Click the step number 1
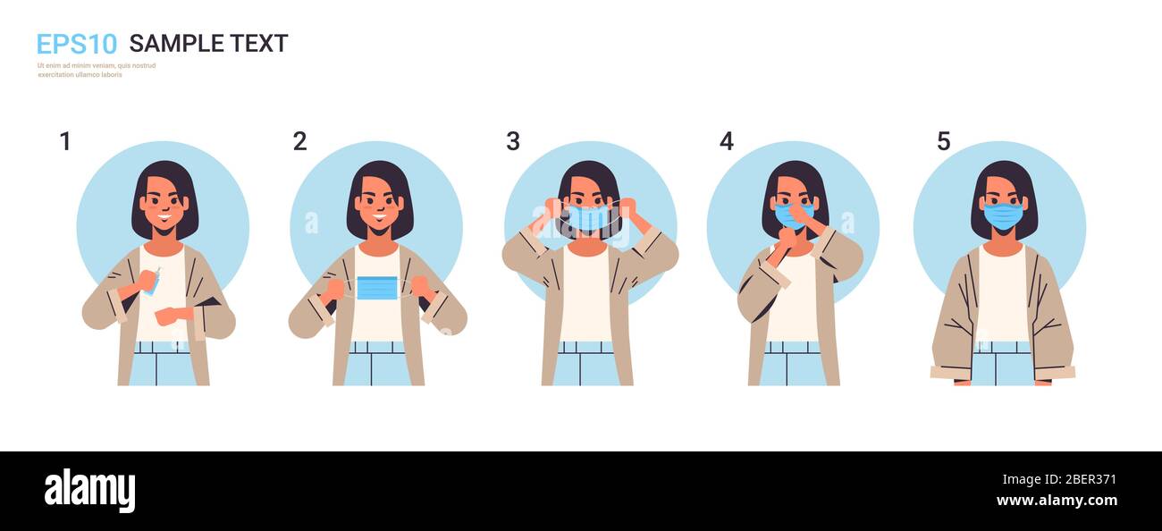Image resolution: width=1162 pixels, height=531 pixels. [64, 141]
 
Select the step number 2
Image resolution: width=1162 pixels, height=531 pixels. [299, 141]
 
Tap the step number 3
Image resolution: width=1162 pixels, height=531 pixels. [512, 141]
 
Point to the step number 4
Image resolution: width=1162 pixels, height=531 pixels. [726, 141]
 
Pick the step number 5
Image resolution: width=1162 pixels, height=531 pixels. [943, 141]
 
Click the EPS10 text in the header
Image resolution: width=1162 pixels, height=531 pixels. [76, 44]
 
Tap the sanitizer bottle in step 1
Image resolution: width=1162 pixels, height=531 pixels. [152, 282]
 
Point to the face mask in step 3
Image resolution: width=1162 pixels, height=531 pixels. [588, 218]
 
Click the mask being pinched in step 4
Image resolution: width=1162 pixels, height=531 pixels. [790, 215]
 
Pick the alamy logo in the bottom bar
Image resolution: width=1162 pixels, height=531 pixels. [89, 491]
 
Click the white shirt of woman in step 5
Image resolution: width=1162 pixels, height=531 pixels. [1001, 295]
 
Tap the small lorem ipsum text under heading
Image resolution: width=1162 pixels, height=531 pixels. [97, 70]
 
